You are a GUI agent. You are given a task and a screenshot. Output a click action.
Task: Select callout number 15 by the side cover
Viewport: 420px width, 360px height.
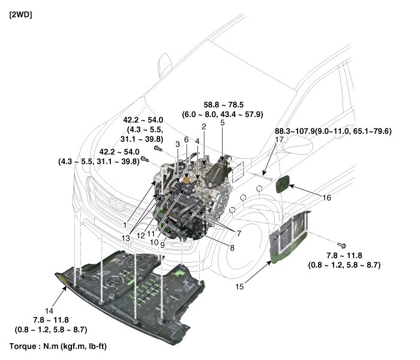pos(240,287)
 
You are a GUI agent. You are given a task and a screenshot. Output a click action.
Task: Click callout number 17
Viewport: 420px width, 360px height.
pos(280,140)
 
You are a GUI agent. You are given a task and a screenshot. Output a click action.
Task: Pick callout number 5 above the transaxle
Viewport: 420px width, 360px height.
pos(222,122)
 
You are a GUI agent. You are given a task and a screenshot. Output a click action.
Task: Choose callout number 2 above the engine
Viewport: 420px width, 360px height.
pos(204,127)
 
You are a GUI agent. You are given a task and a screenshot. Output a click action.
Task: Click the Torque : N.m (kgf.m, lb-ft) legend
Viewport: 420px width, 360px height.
pos(59,347)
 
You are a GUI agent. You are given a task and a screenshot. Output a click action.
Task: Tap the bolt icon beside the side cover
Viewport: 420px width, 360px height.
pos(342,245)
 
